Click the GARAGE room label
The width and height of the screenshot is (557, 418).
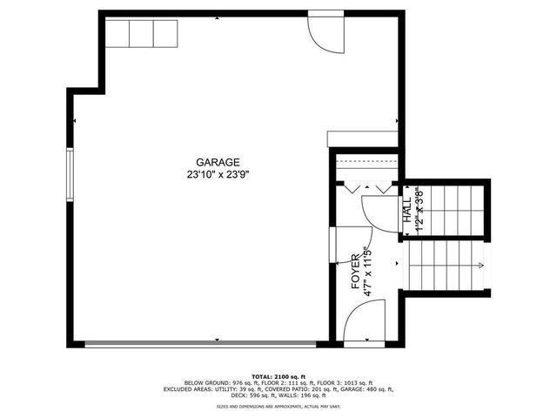218,162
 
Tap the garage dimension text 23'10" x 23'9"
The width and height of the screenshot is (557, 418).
218,173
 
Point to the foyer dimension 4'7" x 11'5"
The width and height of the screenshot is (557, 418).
368,273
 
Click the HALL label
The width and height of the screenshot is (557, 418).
407,210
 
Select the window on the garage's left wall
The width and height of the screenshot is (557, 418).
70,174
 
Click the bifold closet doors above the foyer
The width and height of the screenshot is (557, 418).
366,185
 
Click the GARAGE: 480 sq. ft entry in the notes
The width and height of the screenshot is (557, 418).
363,389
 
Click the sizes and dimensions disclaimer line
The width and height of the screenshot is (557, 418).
278,407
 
